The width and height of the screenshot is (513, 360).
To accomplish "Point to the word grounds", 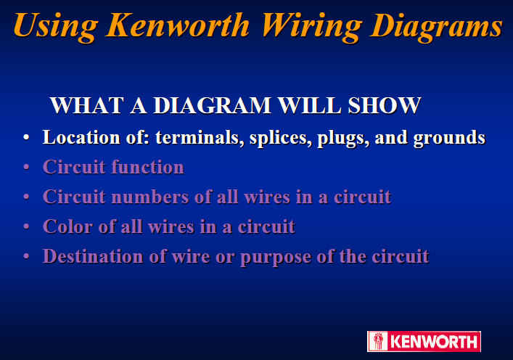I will (x=448, y=138).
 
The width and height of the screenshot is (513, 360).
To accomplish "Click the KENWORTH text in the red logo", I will (x=434, y=342).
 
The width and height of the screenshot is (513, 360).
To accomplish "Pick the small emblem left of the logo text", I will (x=378, y=341).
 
